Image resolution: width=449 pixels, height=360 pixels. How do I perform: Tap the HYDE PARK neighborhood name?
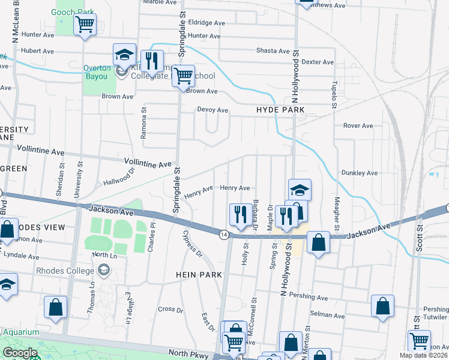280,110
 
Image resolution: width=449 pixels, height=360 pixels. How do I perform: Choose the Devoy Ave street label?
212,110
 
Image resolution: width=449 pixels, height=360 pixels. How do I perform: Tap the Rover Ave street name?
358,125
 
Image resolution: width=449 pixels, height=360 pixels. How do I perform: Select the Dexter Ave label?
318,62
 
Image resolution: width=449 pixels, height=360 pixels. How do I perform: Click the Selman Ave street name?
328,316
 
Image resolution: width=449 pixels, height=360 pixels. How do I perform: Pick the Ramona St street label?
144,124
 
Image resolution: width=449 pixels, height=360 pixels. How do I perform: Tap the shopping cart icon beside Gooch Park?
85,25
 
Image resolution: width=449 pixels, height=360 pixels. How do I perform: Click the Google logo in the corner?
19,353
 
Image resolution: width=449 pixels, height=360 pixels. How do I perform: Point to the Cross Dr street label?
170,310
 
